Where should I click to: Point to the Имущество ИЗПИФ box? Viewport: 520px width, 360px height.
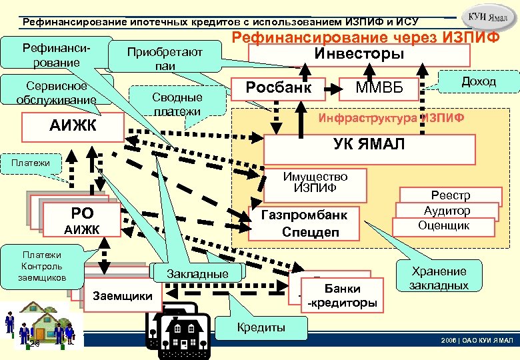click(x=315, y=183)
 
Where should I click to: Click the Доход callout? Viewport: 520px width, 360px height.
click(x=478, y=81)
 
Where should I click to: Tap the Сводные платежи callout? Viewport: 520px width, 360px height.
click(x=176, y=103)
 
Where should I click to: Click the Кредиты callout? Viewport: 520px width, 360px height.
click(x=261, y=327)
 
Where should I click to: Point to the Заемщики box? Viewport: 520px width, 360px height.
click(x=123, y=295)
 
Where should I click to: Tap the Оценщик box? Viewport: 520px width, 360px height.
click(x=443, y=226)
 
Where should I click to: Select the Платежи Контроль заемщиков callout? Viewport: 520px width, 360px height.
click(x=42, y=265)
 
